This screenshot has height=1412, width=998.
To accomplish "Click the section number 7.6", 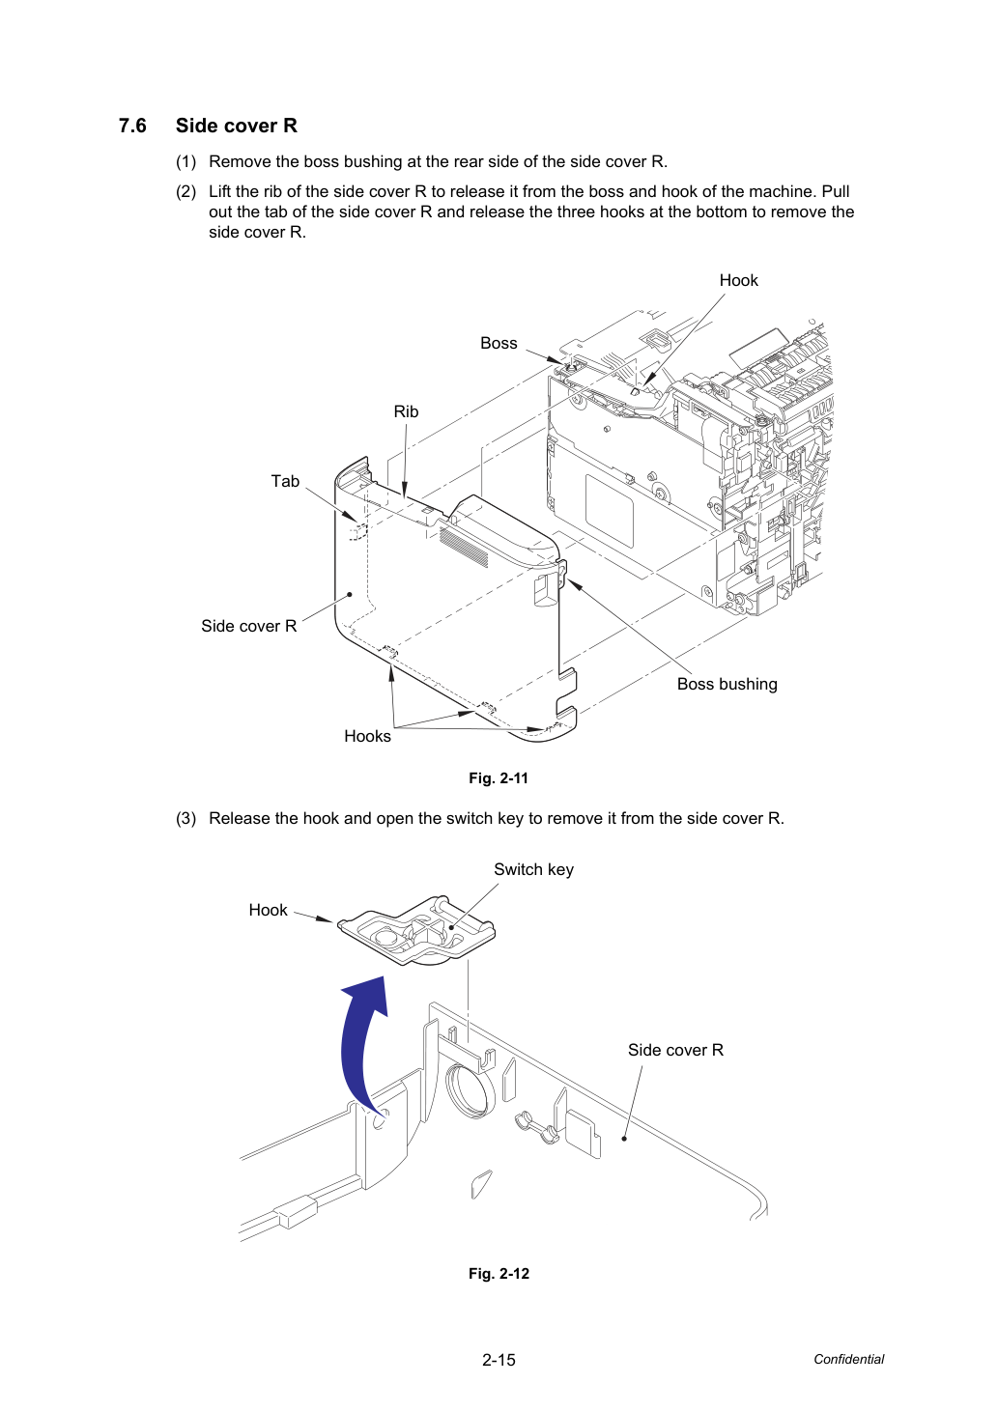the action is (x=132, y=126).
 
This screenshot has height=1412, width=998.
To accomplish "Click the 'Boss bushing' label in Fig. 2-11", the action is (x=727, y=684).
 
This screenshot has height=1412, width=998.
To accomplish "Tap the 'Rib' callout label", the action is (x=406, y=411).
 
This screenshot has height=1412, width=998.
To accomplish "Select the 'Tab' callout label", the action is (x=285, y=481).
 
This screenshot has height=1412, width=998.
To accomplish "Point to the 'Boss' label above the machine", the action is (x=499, y=343).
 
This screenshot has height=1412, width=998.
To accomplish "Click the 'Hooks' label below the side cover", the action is (x=367, y=736).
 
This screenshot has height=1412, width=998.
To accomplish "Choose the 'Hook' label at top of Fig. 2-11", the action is (x=739, y=280).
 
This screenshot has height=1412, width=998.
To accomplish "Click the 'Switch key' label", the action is (x=533, y=870).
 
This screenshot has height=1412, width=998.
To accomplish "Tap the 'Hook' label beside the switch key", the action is (x=268, y=910).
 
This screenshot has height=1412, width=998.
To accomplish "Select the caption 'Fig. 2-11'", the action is (x=499, y=778).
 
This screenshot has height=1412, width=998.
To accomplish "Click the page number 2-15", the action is (x=499, y=1360).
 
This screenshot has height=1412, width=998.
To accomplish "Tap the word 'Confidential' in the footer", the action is (x=848, y=1359).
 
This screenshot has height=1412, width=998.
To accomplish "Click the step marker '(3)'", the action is (x=186, y=818).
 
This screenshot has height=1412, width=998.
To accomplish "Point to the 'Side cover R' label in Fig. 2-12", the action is (x=675, y=1050).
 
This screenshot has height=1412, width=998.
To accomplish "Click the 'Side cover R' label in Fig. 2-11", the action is (x=249, y=626).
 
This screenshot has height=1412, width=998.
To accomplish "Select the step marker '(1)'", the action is (x=186, y=162).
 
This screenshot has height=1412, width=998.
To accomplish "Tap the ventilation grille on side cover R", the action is (x=464, y=545).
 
